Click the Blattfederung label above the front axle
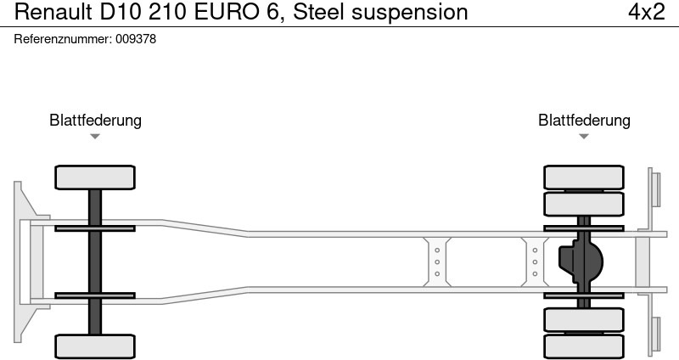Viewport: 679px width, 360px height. [x=95, y=121]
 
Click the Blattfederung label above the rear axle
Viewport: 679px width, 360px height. [x=584, y=121]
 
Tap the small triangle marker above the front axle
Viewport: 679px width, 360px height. [x=95, y=137]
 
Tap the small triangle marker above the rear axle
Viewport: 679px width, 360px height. [x=584, y=137]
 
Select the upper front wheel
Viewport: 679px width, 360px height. [x=95, y=177]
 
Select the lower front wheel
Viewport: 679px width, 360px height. [x=95, y=346]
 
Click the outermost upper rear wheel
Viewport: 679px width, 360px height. [x=584, y=177]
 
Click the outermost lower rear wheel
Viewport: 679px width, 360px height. [x=584, y=346]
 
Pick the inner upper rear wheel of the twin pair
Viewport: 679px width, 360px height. [x=584, y=205]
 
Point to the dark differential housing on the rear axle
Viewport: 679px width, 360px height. [x=580, y=262]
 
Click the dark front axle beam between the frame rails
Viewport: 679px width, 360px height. [x=95, y=262]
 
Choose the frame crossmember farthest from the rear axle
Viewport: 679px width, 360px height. [x=437, y=262]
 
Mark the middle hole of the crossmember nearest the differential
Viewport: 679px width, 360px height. [x=535, y=262]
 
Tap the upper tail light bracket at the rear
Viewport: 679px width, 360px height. [x=654, y=188]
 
